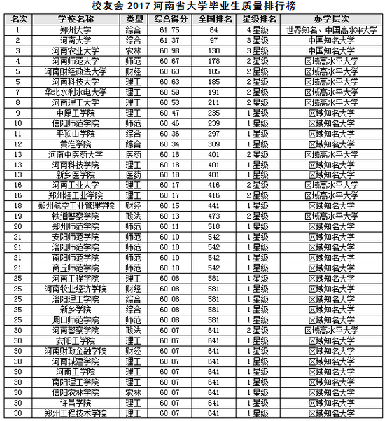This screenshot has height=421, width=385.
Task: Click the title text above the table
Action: coord(192,7)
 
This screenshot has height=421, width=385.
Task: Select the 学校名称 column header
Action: coord(76,19)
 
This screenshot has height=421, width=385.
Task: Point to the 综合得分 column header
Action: coord(171,19)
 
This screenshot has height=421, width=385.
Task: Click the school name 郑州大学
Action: coord(76,30)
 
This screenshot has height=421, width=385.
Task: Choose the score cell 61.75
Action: coord(171,30)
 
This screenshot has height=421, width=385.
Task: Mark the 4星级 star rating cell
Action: coord(257,30)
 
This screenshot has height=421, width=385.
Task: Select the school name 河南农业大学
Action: coord(76,50)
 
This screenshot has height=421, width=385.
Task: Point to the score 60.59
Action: coord(171,92)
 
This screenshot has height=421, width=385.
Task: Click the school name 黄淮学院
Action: coord(76,143)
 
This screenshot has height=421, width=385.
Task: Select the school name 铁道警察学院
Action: coord(76,216)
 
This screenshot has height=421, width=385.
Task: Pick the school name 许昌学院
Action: coord(76,403)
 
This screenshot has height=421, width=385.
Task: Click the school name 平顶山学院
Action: coord(76,132)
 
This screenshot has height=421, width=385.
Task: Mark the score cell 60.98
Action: coord(171,50)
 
